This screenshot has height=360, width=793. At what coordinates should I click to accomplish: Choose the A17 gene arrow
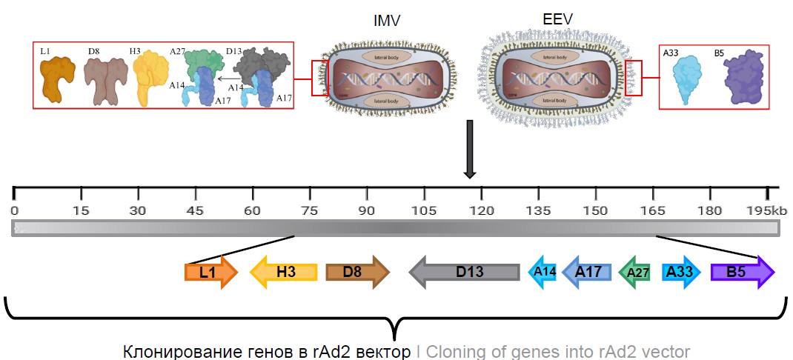point(588,272)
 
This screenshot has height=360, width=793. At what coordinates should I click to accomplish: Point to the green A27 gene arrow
point(634,273)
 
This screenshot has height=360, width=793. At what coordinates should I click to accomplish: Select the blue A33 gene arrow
point(681,272)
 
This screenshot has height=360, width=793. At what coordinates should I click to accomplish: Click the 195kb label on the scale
point(766,211)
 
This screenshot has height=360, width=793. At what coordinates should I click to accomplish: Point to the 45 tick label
point(195,211)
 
